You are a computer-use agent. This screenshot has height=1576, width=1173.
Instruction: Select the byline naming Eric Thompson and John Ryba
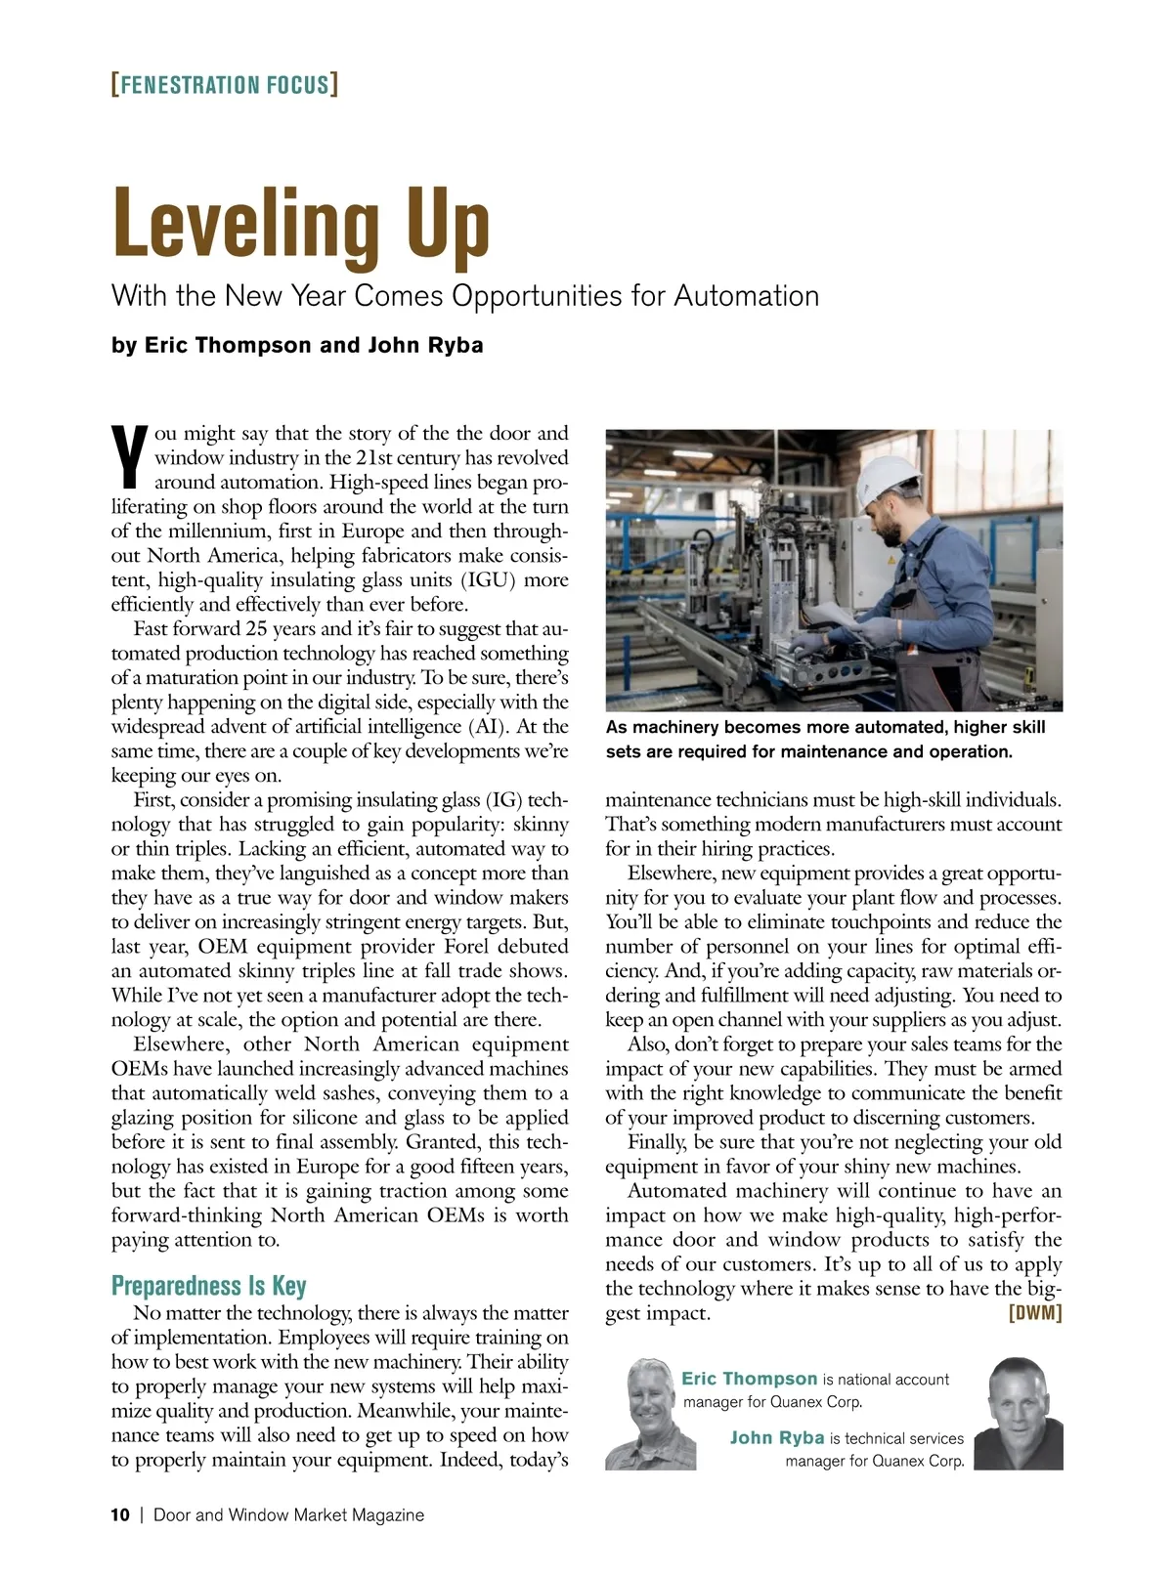point(297,345)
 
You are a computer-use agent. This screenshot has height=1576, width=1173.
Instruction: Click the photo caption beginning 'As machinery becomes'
point(825,740)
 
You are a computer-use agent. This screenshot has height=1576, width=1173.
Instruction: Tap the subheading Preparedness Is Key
point(208,1286)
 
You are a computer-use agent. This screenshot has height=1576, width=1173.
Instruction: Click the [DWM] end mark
point(1034,1312)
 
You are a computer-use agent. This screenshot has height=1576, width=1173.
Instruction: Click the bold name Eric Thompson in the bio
point(749,1379)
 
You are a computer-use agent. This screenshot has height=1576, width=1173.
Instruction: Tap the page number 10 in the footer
point(120,1515)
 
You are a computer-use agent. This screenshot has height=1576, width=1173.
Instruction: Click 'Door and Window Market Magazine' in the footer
point(289,1515)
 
